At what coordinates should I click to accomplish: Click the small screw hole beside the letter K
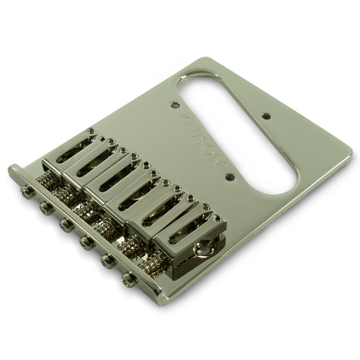pyautogui.click(x=175, y=105)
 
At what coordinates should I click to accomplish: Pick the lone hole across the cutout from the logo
pyautogui.click(x=266, y=115)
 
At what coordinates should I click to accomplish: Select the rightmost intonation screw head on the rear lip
pyautogui.click(x=128, y=279)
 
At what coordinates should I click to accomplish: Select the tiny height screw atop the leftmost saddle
pyautogui.click(x=91, y=132)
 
